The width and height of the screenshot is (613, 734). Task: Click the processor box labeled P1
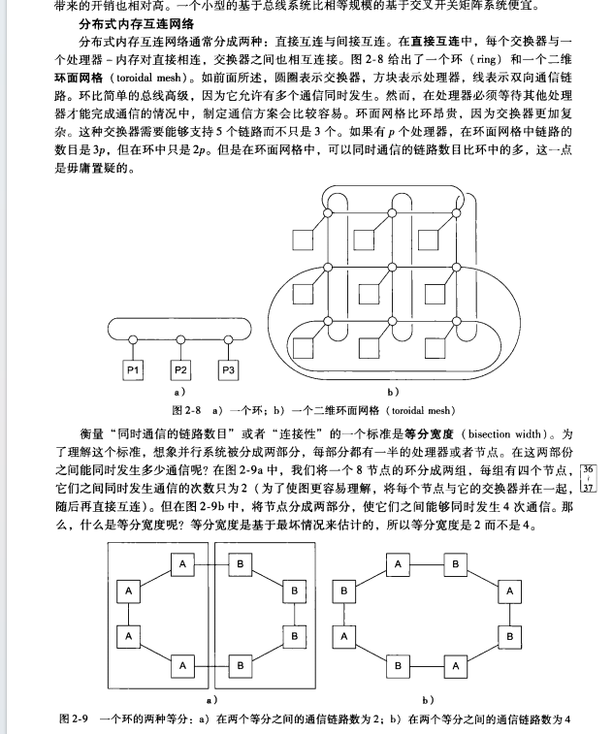[x=133, y=369]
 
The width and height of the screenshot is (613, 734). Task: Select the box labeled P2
[x=180, y=369]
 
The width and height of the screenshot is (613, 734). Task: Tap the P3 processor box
[x=228, y=369]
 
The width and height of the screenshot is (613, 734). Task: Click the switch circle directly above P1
[x=133, y=339]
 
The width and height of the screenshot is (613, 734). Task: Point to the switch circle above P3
[x=228, y=339]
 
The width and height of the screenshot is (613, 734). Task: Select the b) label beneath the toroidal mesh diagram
[x=393, y=392]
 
